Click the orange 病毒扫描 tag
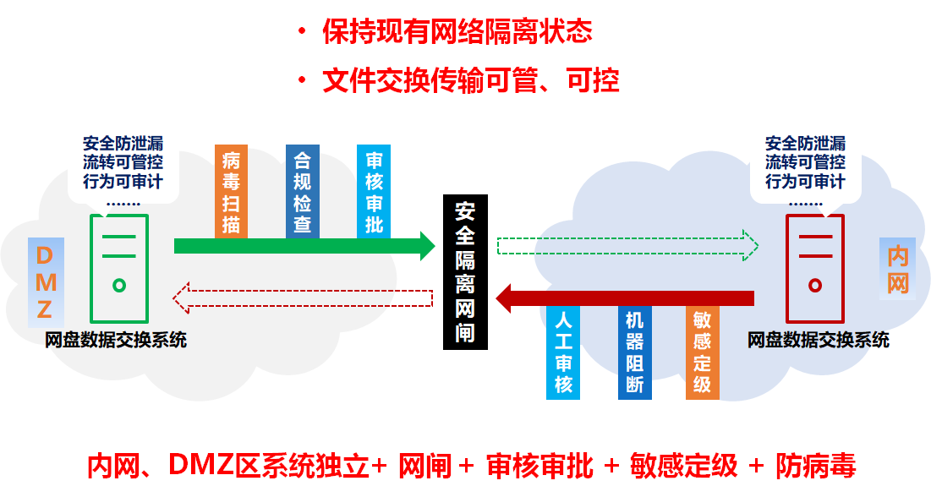(231, 191)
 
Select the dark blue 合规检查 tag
(302, 191)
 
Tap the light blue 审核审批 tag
(373, 191)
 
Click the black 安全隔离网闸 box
(464, 271)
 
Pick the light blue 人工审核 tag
(563, 352)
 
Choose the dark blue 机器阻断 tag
(634, 352)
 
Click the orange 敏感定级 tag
(702, 352)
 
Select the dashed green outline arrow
(627, 245)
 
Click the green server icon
(119, 269)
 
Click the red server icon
(814, 269)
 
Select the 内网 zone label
(897, 269)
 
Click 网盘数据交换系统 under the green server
(116, 341)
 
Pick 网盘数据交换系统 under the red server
(818, 341)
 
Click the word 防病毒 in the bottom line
(815, 466)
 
